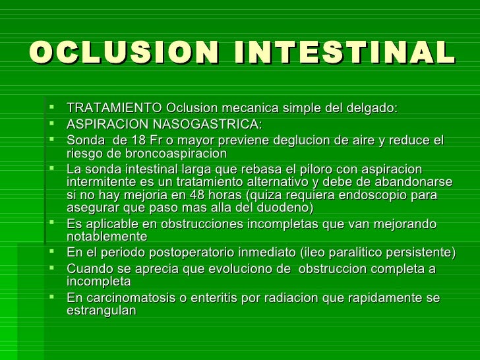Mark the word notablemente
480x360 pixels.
[107, 237]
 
